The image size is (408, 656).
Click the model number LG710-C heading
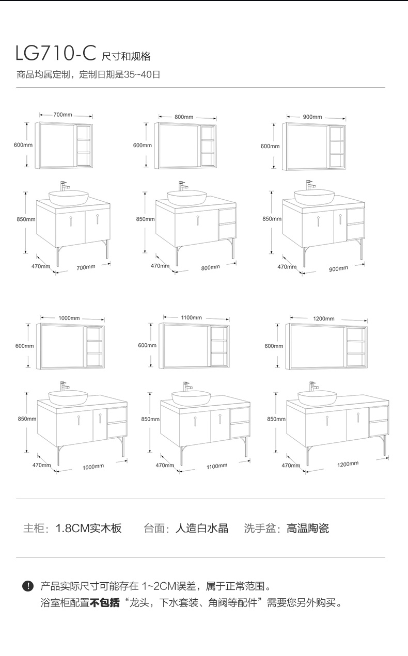coord(56,53)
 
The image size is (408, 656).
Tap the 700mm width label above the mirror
coord(62,115)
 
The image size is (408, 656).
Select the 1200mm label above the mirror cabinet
coord(323,318)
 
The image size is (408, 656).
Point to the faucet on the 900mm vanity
coord(310,184)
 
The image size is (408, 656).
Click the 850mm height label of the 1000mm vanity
coord(27,419)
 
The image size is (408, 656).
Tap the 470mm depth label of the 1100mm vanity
coord(165,465)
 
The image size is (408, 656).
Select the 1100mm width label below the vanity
coord(217,466)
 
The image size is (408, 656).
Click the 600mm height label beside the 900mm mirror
coord(270,146)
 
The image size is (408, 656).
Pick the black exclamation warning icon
coord(27,586)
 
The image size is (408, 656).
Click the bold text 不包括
coord(105,602)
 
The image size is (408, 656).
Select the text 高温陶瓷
coord(308,528)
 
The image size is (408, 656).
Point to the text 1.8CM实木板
coord(88,528)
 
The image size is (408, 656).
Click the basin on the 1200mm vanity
coord(317,396)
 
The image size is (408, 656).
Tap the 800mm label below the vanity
coord(210,267)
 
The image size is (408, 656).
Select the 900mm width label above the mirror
coord(312,117)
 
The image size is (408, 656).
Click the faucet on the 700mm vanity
coord(64,185)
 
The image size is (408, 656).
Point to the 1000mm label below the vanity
coord(93,467)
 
